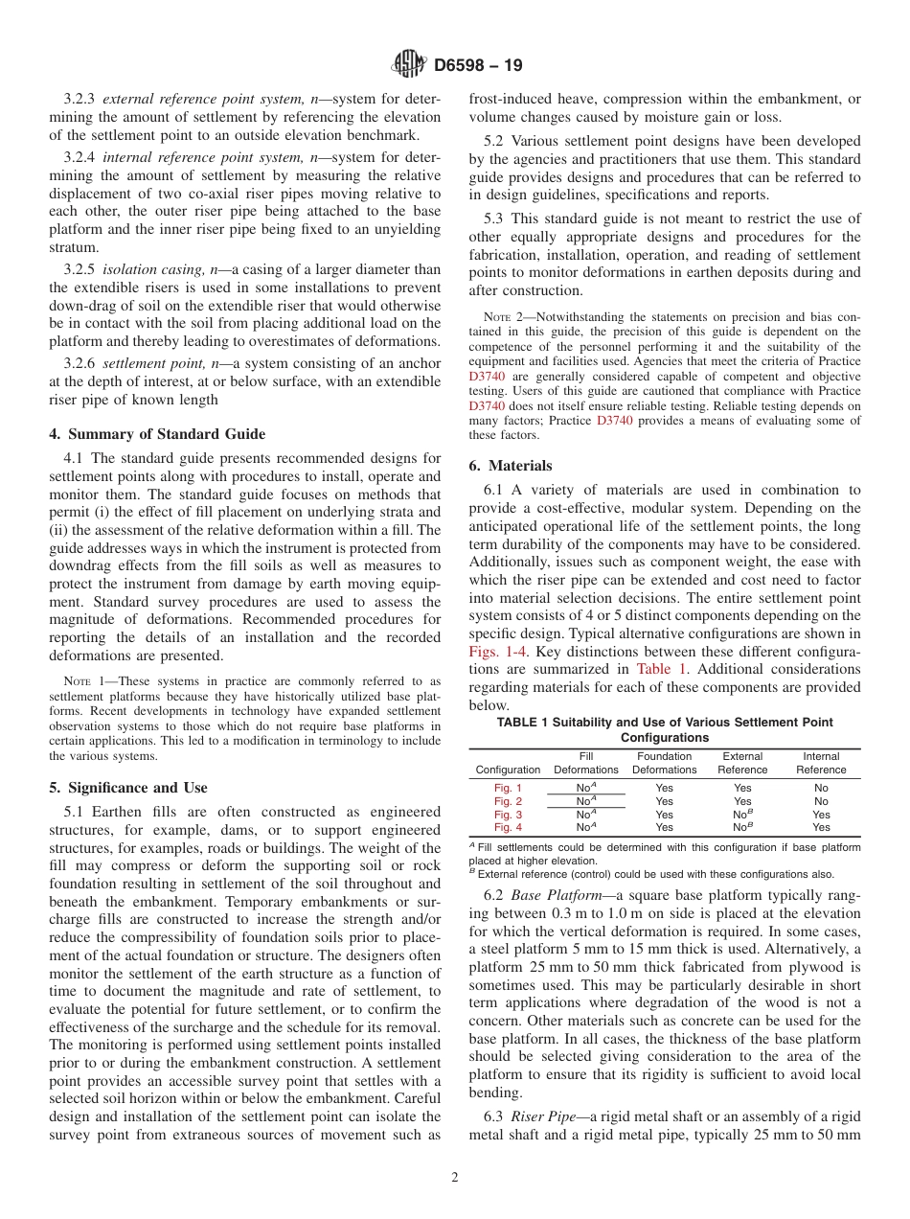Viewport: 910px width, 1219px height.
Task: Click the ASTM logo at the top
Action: click(x=409, y=65)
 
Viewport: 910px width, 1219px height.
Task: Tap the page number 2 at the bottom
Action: click(x=454, y=1178)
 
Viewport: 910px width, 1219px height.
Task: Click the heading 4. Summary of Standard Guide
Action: click(x=157, y=433)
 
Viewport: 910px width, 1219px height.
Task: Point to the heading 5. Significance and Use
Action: click(x=127, y=788)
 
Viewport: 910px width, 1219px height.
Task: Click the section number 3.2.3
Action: click(x=80, y=100)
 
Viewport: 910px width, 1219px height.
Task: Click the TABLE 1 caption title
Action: click(x=664, y=729)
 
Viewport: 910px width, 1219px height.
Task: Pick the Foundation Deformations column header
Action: click(x=664, y=763)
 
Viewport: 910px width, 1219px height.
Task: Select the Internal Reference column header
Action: click(x=821, y=763)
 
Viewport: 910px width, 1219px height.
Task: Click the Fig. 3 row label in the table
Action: click(x=508, y=815)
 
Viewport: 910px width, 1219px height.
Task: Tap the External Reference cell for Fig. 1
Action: click(x=742, y=788)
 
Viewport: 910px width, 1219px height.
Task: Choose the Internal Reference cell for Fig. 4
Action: click(x=821, y=827)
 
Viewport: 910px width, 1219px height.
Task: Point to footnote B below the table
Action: click(x=651, y=873)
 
